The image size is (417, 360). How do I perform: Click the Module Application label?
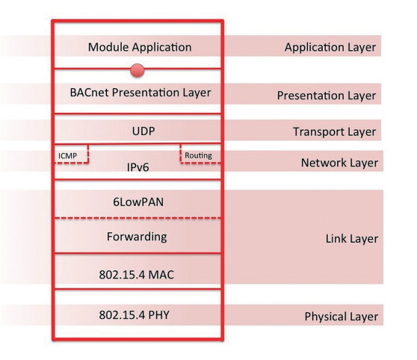click(x=140, y=47)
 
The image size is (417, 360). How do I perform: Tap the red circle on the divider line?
click(x=138, y=70)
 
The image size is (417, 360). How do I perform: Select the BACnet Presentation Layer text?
click(x=140, y=93)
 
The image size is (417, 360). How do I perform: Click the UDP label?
click(x=143, y=131)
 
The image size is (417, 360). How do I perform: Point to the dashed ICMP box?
click(x=88, y=154)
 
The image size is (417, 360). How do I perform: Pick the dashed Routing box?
click(x=181, y=154)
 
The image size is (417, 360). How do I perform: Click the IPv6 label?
click(x=138, y=167)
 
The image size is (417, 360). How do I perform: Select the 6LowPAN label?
click(x=138, y=202)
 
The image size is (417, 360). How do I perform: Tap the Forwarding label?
click(x=137, y=237)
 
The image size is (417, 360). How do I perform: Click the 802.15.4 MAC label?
click(x=137, y=275)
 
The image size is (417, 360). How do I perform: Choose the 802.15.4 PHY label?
click(x=135, y=315)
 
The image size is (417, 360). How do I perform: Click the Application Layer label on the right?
click(x=330, y=48)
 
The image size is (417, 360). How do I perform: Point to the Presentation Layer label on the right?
click(x=327, y=96)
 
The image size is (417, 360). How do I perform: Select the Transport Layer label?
click(x=335, y=132)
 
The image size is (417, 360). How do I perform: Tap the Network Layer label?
click(x=339, y=163)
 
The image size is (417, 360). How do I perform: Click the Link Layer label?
click(x=352, y=239)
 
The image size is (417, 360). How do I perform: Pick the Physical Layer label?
click(x=342, y=317)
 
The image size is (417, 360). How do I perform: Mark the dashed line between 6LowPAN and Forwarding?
click(x=138, y=218)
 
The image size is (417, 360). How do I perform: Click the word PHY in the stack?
click(x=158, y=315)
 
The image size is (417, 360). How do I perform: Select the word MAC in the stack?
click(x=161, y=275)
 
